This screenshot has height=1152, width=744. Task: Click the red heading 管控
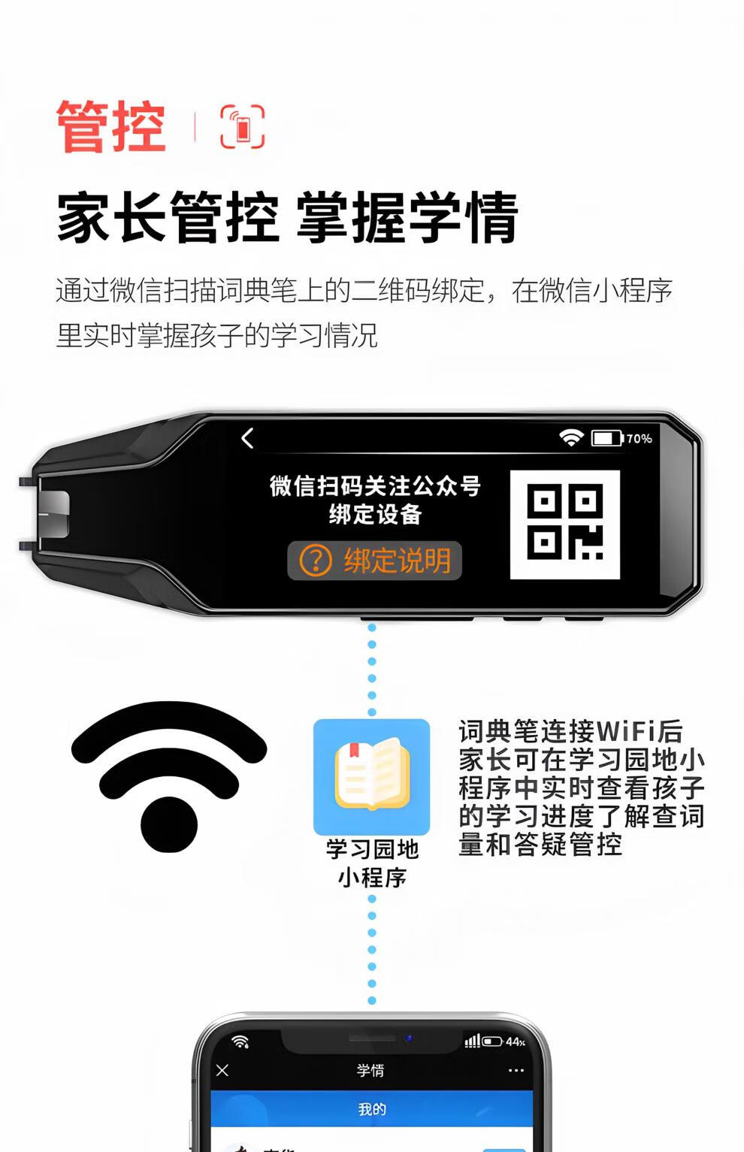point(111,126)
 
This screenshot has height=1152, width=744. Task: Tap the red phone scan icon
point(242,126)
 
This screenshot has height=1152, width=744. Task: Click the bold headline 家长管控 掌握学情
point(287,216)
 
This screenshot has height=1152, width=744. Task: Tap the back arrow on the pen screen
point(247,438)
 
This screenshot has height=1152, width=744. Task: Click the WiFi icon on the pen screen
point(571,437)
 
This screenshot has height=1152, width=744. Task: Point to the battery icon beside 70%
point(607,438)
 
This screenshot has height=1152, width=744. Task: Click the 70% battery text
point(639,439)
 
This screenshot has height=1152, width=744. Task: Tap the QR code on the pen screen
point(565,525)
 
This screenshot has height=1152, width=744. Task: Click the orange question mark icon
point(315,560)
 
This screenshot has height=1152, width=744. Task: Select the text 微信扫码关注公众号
point(375,485)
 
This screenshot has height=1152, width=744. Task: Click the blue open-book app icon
point(372,776)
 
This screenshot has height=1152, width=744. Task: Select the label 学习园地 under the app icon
point(372,849)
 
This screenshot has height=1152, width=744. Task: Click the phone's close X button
point(222,1070)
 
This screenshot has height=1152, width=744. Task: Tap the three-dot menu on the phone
point(516,1070)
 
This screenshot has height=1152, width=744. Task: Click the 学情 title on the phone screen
point(370,1070)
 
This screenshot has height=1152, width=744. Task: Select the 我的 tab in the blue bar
point(372,1109)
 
